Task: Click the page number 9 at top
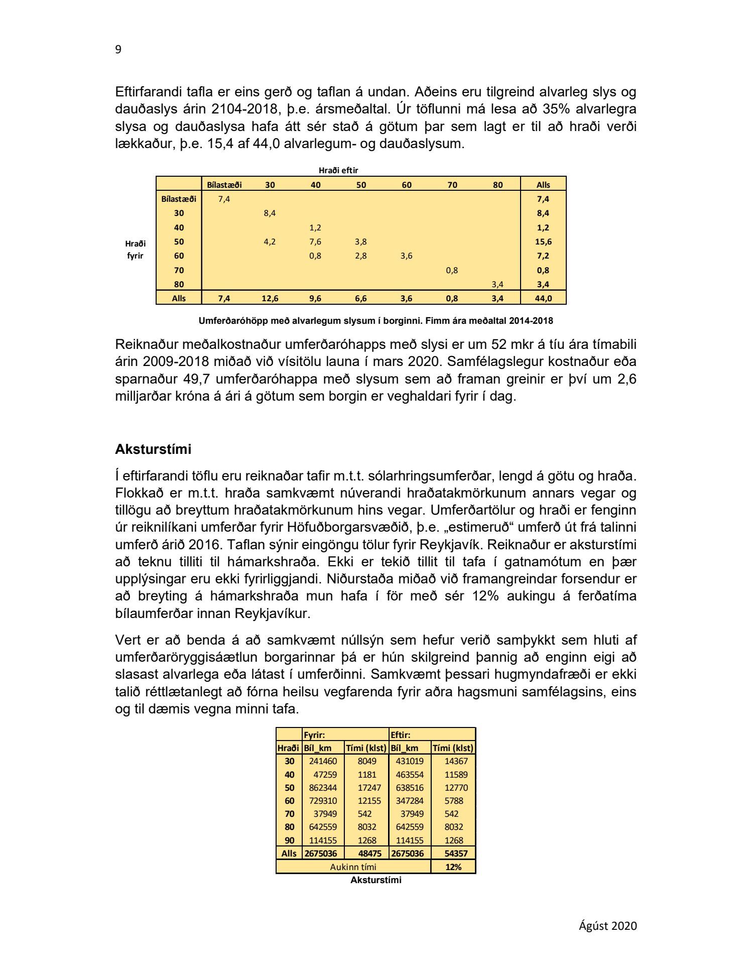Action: [x=118, y=50]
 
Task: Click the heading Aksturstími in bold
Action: [x=153, y=449]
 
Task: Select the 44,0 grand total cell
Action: [x=543, y=298]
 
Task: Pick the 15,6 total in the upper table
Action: [x=543, y=241]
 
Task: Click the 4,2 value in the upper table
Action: [x=270, y=241]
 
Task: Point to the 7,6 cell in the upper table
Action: [x=315, y=241]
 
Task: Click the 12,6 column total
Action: [x=270, y=298]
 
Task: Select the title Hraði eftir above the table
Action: [x=338, y=171]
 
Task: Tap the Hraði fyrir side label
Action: [x=135, y=250]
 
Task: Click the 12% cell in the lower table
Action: [x=453, y=867]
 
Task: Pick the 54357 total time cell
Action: [x=453, y=854]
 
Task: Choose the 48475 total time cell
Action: [x=367, y=854]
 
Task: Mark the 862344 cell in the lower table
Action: [x=323, y=788]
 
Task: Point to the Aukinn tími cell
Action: [x=353, y=867]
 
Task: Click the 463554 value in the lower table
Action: [x=410, y=775]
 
